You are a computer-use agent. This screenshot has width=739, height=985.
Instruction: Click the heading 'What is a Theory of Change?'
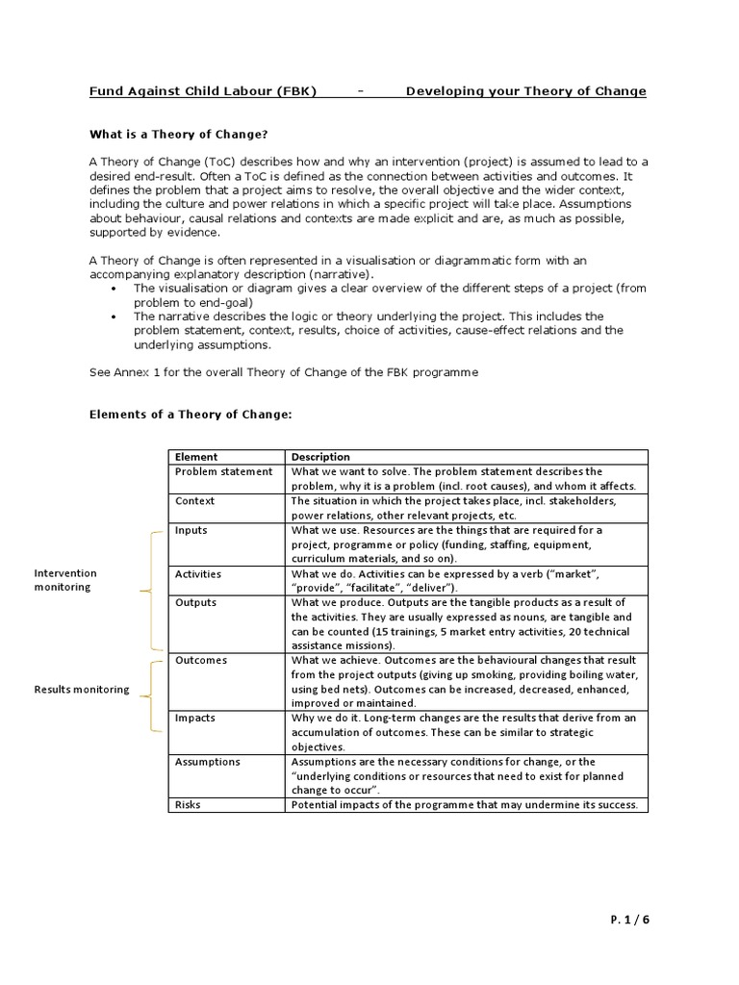[178, 135]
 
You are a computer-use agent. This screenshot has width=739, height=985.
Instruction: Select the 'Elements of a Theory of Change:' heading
[190, 415]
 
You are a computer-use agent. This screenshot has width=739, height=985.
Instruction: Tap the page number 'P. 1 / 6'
[630, 919]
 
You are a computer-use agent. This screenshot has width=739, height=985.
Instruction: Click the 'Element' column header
[196, 457]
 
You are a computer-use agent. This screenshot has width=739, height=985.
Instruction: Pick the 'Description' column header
[320, 457]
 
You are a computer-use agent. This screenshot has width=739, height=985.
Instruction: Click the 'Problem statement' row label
[223, 471]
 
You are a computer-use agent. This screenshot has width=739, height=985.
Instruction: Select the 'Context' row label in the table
[194, 501]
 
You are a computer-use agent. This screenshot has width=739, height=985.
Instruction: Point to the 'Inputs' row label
[191, 530]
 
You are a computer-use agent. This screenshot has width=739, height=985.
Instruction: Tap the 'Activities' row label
[197, 574]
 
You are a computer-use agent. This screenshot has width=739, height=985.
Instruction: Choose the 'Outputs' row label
[195, 602]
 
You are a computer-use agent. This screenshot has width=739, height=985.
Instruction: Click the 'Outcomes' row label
[200, 660]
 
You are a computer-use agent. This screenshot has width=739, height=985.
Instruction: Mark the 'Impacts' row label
[195, 718]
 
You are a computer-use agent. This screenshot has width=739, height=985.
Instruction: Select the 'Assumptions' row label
[207, 762]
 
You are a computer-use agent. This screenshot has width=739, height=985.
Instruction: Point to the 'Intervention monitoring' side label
[65, 580]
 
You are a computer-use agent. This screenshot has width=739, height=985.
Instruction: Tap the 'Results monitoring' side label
[82, 690]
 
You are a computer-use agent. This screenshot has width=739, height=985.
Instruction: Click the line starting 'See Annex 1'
[283, 371]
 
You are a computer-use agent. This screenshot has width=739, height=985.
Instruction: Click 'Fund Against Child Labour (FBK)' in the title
[203, 91]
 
